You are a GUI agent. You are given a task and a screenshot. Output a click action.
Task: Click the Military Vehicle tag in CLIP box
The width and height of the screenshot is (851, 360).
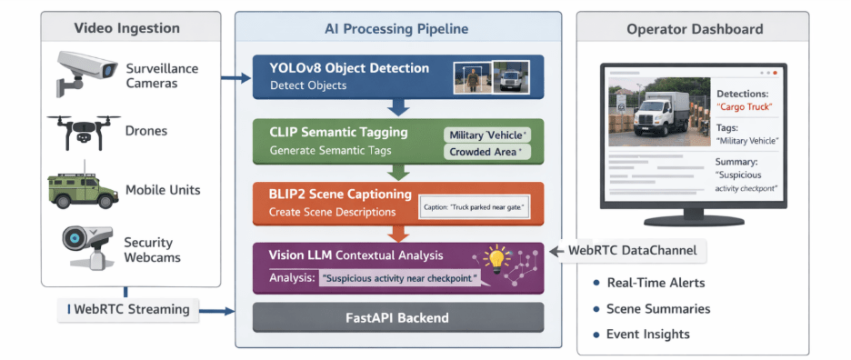pos(488,135)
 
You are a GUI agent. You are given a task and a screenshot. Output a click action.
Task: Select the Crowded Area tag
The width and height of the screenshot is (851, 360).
pos(488,152)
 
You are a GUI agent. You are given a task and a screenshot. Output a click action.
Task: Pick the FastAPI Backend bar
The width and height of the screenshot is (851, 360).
pos(398,318)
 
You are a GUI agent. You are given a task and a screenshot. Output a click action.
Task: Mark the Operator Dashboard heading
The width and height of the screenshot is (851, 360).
pos(694,29)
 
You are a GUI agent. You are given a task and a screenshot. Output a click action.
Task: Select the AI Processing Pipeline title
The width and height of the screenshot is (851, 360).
pos(396,28)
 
